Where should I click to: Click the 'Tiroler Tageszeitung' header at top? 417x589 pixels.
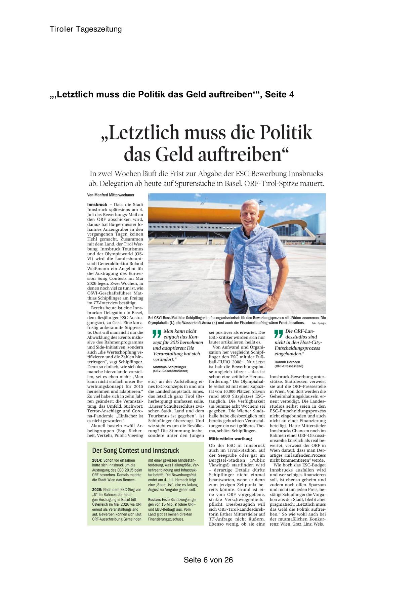click(86, 29)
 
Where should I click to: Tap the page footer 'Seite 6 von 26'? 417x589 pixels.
click(208, 560)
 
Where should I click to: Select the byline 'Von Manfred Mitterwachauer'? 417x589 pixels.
click(111, 195)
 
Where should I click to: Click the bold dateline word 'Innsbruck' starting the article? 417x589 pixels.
click(97, 205)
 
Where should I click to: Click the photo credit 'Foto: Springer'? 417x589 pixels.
click(319, 323)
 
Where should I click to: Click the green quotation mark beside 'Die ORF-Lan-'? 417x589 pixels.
click(279, 333)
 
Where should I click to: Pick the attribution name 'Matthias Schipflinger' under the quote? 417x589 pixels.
click(169, 367)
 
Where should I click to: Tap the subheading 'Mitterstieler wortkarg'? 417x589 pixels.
click(230, 439)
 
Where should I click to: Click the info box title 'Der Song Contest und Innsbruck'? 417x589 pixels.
click(135, 451)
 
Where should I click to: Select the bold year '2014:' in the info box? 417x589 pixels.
click(97, 460)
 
